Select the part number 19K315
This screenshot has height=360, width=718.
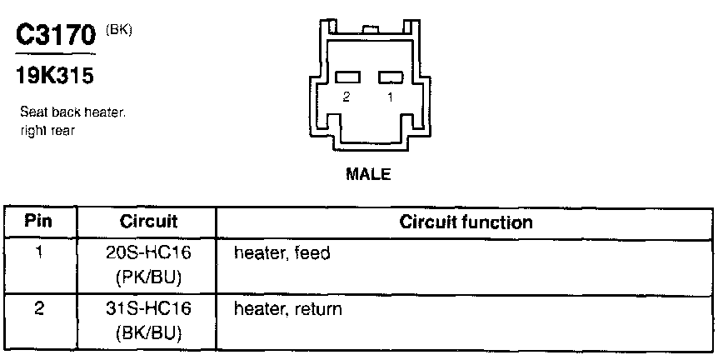point(54,77)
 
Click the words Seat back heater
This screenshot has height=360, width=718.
point(72,113)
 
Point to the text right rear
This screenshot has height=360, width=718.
point(45,129)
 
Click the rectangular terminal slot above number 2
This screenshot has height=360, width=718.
point(347,77)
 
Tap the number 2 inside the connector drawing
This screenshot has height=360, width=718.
point(346,97)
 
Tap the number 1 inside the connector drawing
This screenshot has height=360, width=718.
point(389,97)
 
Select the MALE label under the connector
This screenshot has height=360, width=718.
point(367,176)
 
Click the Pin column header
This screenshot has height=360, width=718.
point(39,222)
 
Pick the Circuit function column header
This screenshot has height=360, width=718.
point(466,222)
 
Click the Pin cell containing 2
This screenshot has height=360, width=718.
point(39,309)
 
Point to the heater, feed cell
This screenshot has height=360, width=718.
point(282,252)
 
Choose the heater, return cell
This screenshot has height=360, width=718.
point(288,309)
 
